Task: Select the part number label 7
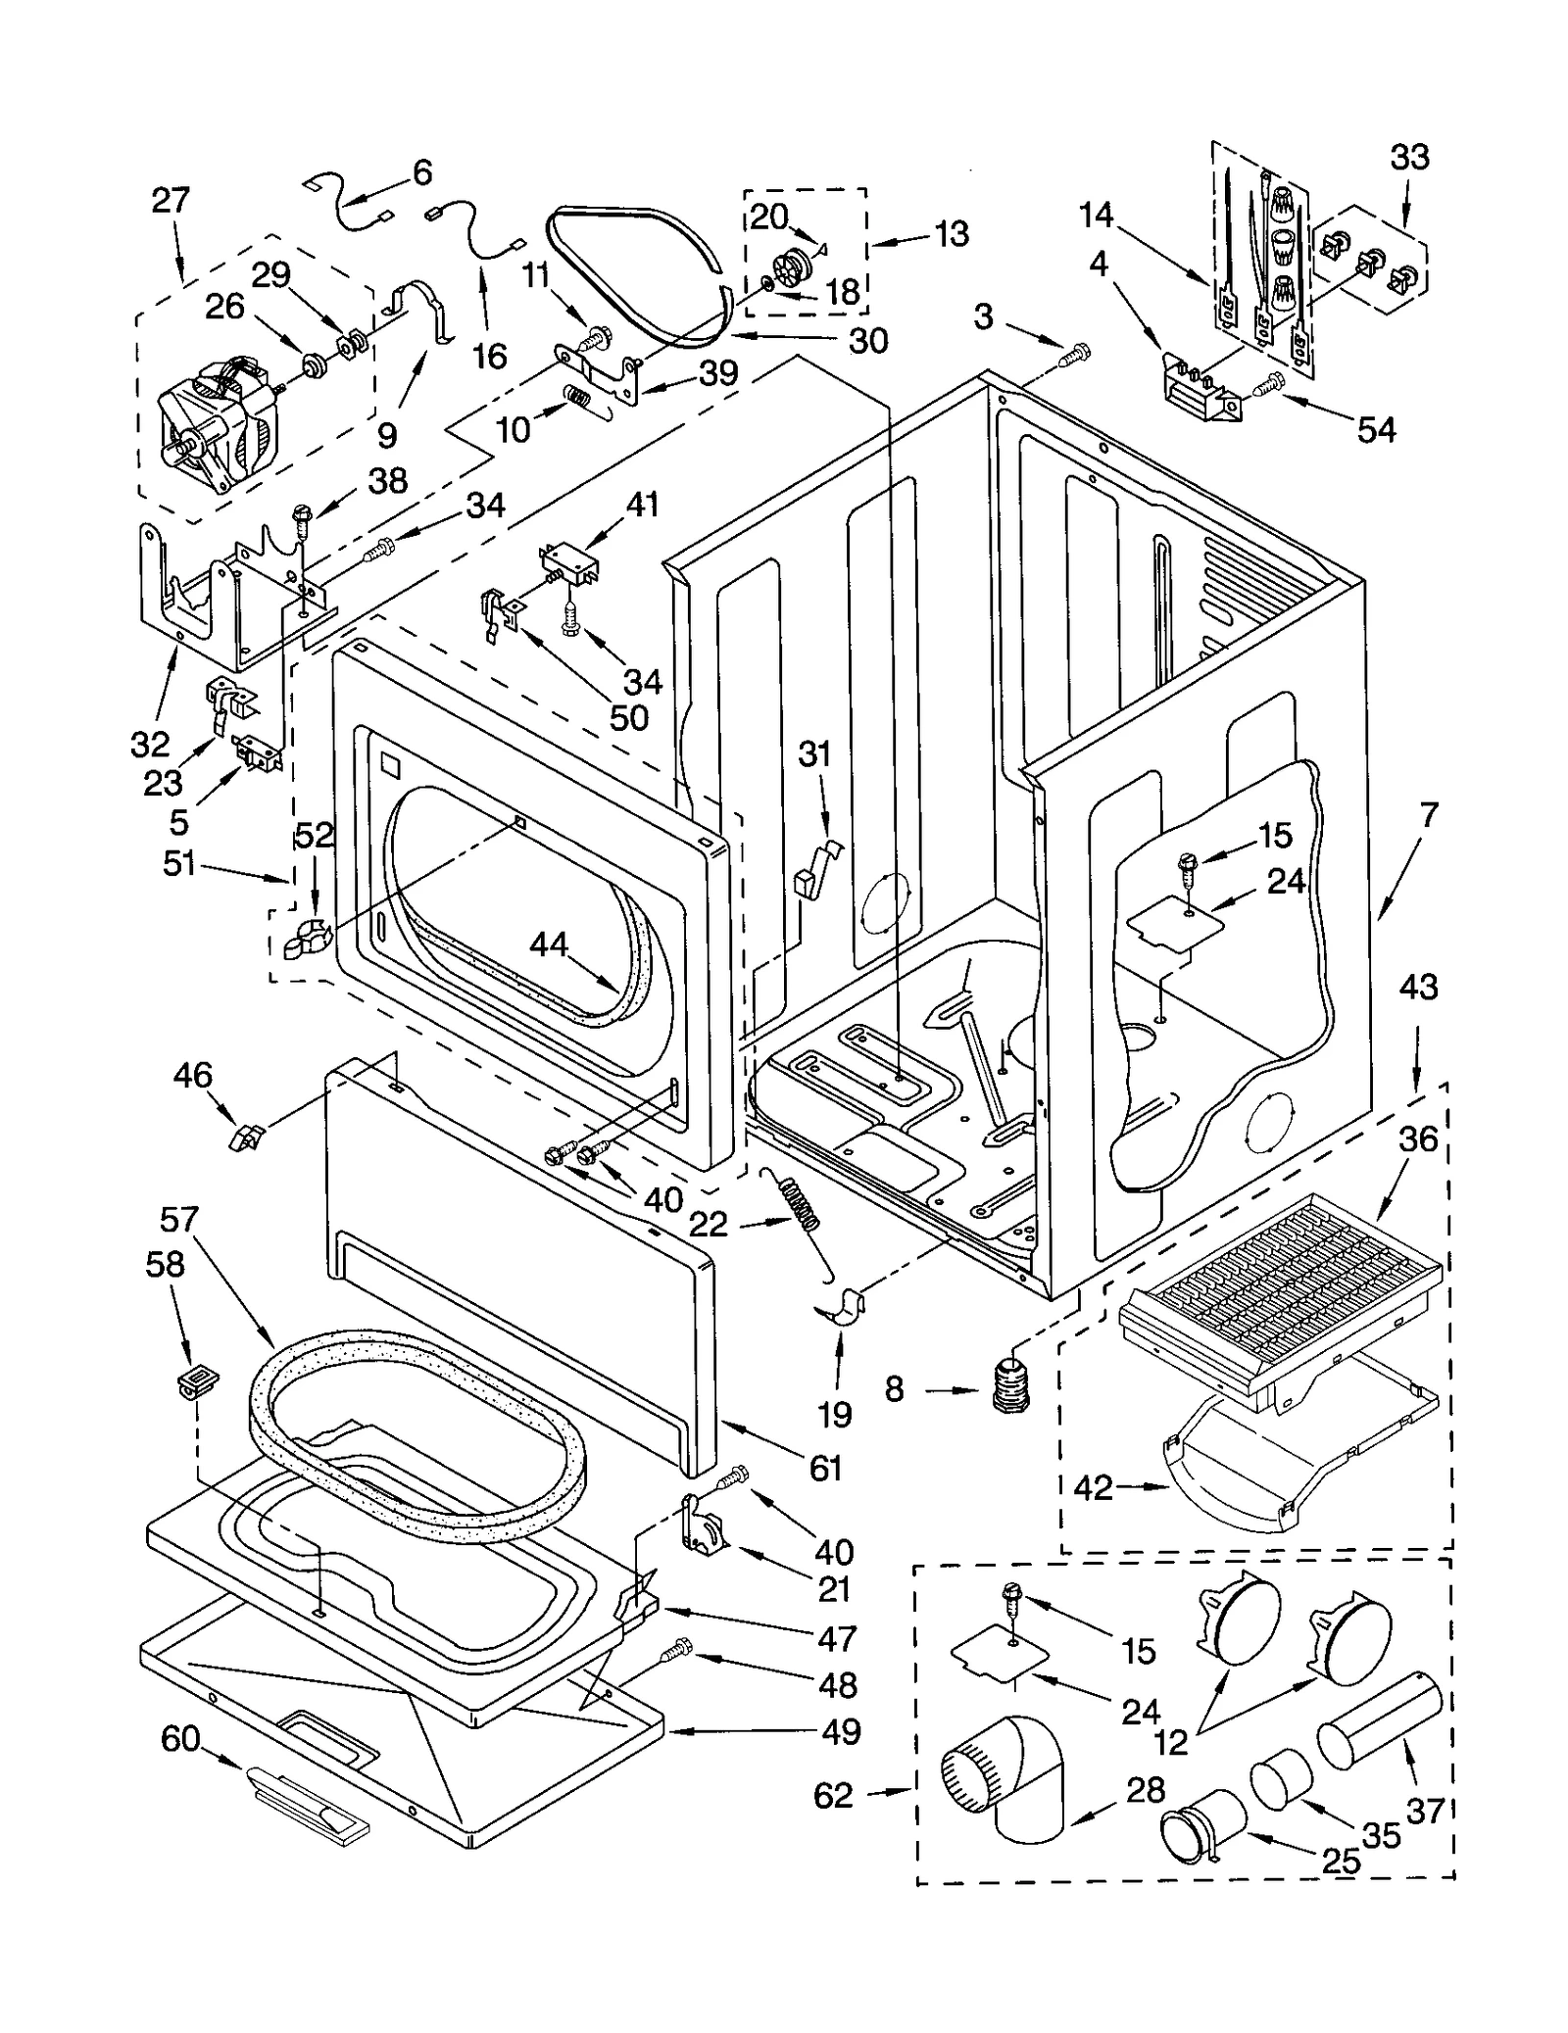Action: coord(1429,815)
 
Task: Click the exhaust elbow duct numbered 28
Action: coord(1009,1781)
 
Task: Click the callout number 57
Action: coord(179,1220)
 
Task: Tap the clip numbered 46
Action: coord(246,1138)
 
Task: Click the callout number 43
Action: coord(1418,987)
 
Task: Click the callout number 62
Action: coord(833,1796)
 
